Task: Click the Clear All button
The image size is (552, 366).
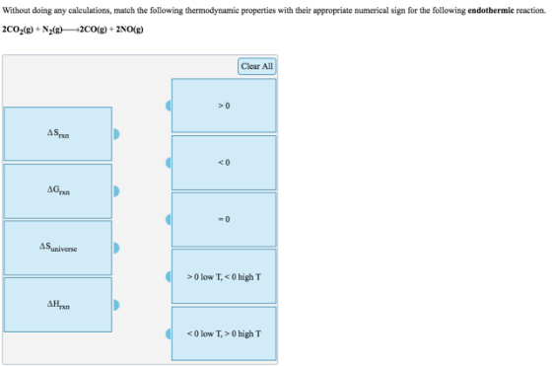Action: click(257, 66)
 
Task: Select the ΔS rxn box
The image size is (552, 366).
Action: click(58, 134)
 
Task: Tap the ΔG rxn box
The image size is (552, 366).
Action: click(58, 191)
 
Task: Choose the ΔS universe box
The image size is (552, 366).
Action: click(58, 248)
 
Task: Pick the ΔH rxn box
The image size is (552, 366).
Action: click(58, 305)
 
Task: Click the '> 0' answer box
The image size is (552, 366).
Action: click(224, 106)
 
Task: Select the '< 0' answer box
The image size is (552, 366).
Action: click(224, 163)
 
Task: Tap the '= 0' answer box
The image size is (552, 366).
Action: click(224, 219)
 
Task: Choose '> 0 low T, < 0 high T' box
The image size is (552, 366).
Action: click(224, 276)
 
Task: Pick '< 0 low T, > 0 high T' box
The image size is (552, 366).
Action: click(224, 333)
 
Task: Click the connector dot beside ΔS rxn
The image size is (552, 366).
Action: click(116, 134)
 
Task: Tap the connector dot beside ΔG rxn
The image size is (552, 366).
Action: click(116, 191)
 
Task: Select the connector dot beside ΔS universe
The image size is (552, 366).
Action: click(116, 248)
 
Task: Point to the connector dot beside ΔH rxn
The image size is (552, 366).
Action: click(116, 305)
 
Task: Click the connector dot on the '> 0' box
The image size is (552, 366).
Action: click(169, 106)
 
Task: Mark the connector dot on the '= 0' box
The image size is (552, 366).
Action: click(169, 219)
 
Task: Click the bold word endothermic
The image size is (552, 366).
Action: click(491, 10)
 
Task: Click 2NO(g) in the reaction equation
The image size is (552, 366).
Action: click(129, 30)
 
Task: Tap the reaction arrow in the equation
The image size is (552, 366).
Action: click(71, 30)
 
